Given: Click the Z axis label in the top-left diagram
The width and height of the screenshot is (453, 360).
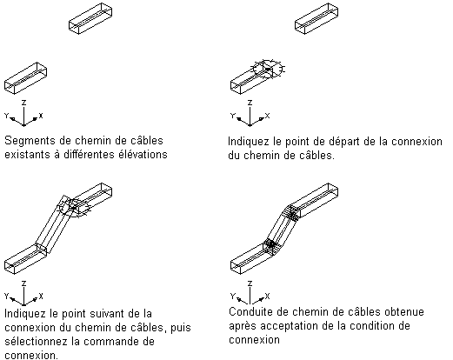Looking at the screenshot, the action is coord(24,103).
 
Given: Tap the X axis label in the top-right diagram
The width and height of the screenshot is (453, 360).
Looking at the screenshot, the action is coord(267,116).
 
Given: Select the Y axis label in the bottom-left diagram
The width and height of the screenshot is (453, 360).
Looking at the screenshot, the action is coord(7,296).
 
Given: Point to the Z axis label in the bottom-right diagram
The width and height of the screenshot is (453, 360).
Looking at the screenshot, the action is coord(250,283).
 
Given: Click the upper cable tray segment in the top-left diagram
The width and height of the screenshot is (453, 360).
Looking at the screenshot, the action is coord(90,18).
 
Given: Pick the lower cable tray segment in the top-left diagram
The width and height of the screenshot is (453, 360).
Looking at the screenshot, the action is coord(25,78).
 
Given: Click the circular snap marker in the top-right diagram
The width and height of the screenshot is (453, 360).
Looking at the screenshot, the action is coord(267,70).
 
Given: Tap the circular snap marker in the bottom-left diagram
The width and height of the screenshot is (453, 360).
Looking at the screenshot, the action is coord(75,208).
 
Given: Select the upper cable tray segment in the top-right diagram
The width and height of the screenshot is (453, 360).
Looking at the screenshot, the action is coord(316,18).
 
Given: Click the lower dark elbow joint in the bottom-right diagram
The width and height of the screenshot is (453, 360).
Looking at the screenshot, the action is coord(271,244).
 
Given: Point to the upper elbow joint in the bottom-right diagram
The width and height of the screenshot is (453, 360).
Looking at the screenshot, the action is coord(292,213).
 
